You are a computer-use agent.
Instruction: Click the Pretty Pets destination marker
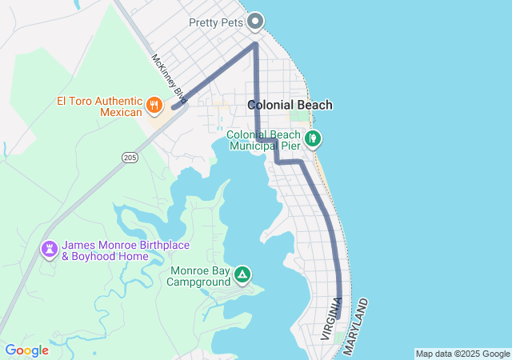tap(256, 21)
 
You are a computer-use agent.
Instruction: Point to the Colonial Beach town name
tap(290, 105)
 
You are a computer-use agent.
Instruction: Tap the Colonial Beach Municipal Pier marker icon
tap(314, 138)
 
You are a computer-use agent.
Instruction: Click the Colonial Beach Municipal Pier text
tap(263, 140)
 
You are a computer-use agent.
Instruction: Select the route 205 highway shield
tap(130, 158)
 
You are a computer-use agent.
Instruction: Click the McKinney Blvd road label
tap(168, 78)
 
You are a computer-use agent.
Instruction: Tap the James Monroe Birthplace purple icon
tap(50, 250)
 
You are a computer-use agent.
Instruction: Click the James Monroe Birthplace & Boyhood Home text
tap(117, 250)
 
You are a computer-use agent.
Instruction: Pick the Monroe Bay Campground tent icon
tap(242, 276)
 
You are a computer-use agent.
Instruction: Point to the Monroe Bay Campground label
tap(200, 276)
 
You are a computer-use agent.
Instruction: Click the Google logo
tap(26, 350)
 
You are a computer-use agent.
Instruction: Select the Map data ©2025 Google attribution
tap(462, 354)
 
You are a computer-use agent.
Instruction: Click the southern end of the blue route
tap(338, 316)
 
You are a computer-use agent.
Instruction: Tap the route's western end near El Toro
tap(174, 106)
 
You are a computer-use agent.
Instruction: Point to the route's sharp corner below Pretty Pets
tap(255, 44)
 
